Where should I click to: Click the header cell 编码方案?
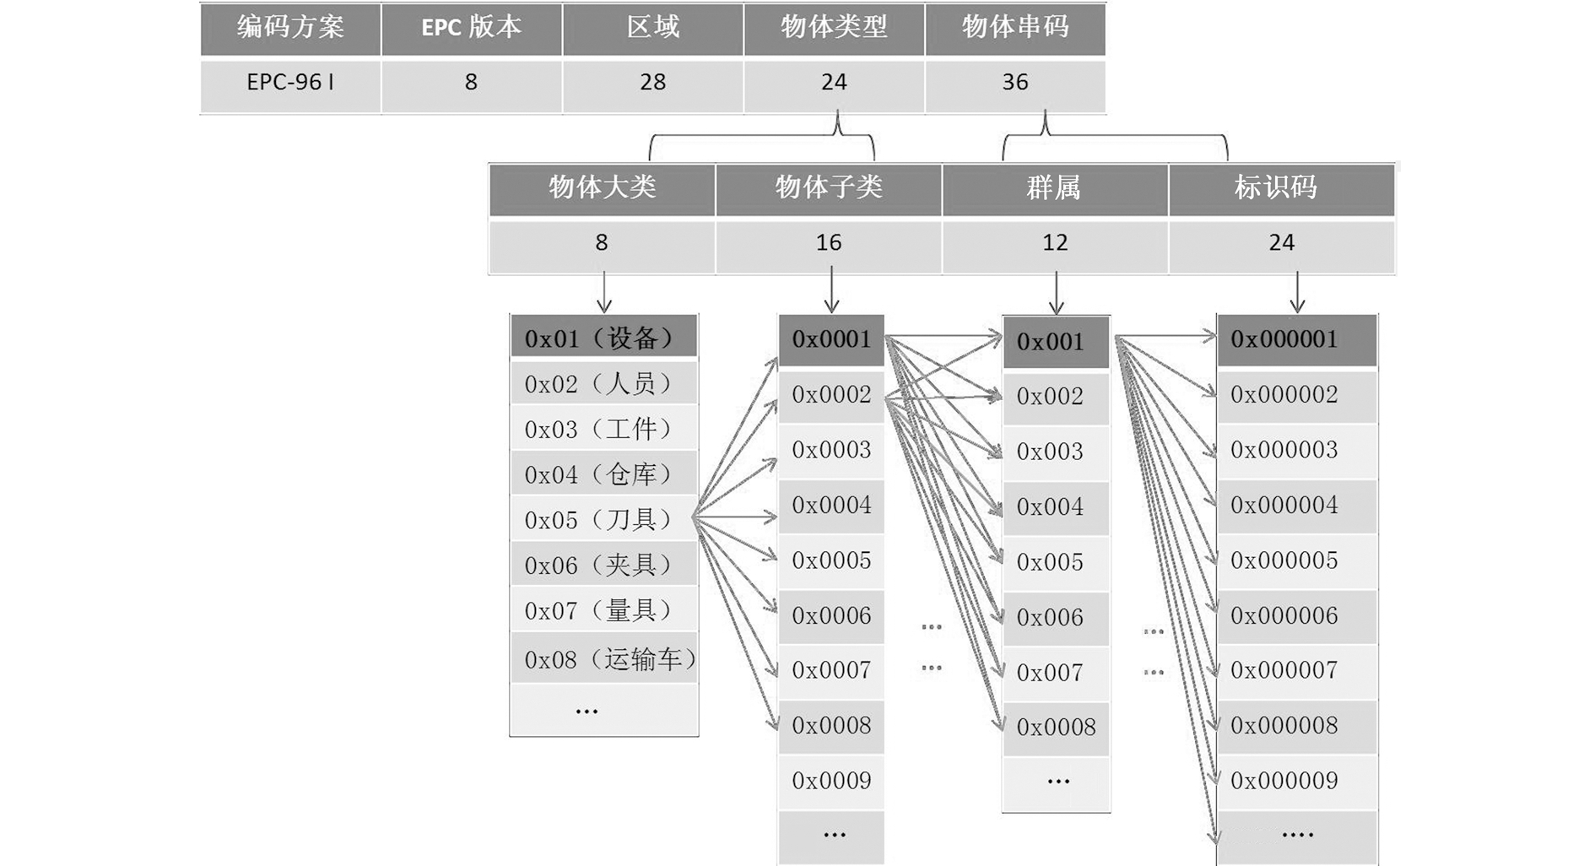pyautogui.click(x=290, y=29)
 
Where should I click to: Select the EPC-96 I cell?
pyautogui.click(x=290, y=83)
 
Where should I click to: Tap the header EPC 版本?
pyautogui.click(x=471, y=29)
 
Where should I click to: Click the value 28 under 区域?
pyautogui.click(x=652, y=83)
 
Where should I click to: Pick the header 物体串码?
pyautogui.click(x=1015, y=29)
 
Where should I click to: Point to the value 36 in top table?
pyautogui.click(x=1015, y=83)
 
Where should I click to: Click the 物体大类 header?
pyautogui.click(x=602, y=188)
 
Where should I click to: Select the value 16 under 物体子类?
pyautogui.click(x=829, y=244)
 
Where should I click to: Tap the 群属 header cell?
pyautogui.click(x=1055, y=188)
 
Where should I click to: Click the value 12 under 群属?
pyautogui.click(x=1055, y=244)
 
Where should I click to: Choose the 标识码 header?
pyautogui.click(x=1281, y=188)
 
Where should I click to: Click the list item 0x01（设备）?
pyautogui.click(x=603, y=338)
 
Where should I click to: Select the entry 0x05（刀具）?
pyautogui.click(x=603, y=519)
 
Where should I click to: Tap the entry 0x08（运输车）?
pyautogui.click(x=603, y=659)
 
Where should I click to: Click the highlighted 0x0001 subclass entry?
pyautogui.click(x=831, y=340)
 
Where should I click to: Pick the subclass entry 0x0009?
pyautogui.click(x=831, y=782)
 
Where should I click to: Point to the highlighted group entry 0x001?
pyautogui.click(x=1056, y=343)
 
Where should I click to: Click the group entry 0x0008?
pyautogui.click(x=1056, y=728)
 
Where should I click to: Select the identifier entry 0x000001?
pyautogui.click(x=1297, y=340)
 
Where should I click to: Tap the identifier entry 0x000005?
pyautogui.click(x=1297, y=561)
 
